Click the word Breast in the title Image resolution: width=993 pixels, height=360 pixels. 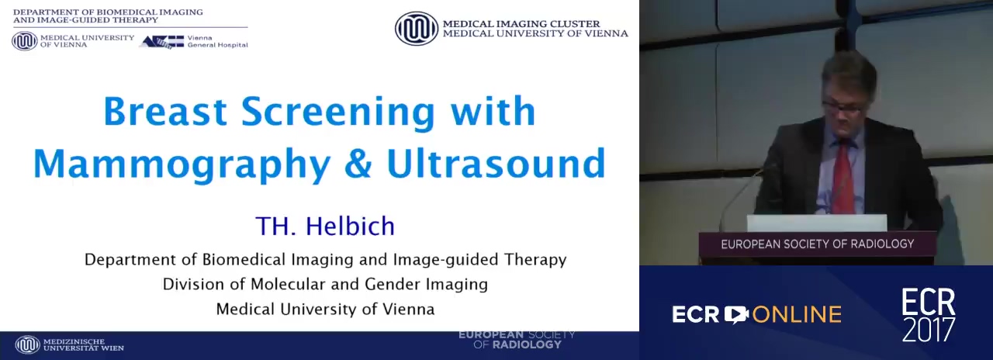coord(166,111)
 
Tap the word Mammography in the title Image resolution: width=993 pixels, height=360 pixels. coord(182,165)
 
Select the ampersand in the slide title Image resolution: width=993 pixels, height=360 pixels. coord(358,163)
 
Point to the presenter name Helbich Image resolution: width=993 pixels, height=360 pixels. coord(350,226)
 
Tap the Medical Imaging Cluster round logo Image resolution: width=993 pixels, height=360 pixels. coord(417,29)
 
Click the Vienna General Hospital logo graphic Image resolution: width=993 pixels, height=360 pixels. coord(162,42)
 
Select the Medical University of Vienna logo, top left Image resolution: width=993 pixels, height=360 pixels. coord(25,41)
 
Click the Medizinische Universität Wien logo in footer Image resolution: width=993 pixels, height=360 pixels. coord(27,345)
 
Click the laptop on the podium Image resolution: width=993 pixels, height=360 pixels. coord(817,223)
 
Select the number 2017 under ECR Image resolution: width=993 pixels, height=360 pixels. coord(929,330)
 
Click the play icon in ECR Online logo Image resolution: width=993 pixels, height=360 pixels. coord(736,315)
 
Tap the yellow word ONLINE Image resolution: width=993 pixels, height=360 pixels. coord(797,315)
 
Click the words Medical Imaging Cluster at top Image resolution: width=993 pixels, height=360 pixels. coord(521,24)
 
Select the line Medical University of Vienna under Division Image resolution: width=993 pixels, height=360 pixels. coord(325,309)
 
